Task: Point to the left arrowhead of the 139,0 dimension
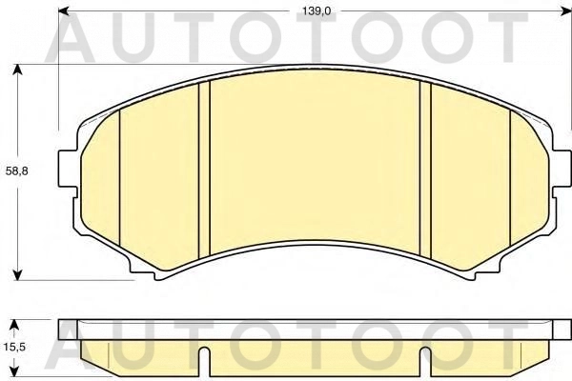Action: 63,11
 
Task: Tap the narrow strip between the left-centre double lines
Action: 203,171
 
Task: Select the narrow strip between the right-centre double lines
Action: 426,171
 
